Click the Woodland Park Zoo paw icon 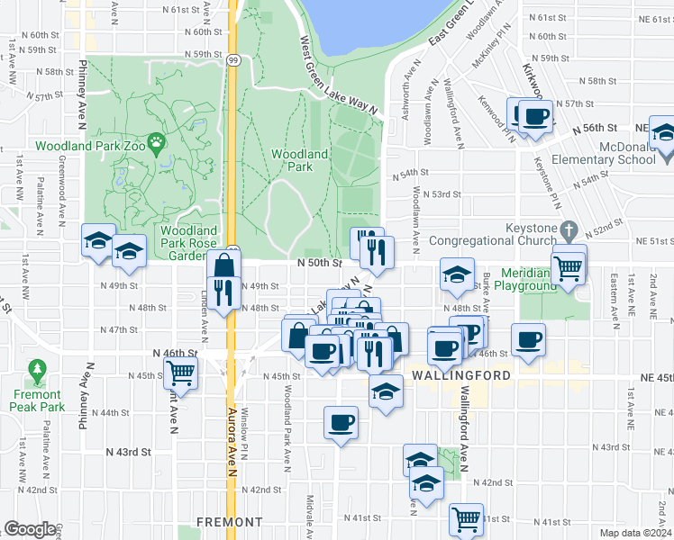tap(157, 140)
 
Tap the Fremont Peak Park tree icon tap(37, 370)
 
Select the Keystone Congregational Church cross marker tap(568, 229)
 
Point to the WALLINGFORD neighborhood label tap(462, 374)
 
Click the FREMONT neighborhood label tap(230, 521)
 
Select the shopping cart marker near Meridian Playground tap(568, 266)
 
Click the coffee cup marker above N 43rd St tap(342, 422)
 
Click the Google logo tap(31, 529)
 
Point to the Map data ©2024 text tap(635, 533)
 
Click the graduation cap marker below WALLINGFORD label tap(386, 391)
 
